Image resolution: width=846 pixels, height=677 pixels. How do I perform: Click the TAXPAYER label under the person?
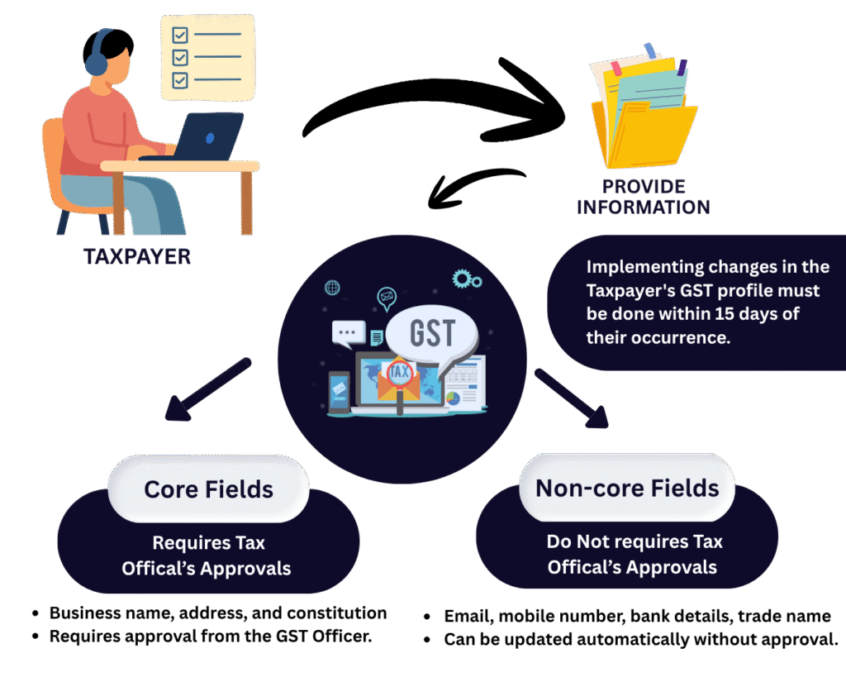tap(136, 256)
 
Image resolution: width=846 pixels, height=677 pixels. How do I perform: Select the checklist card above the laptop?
tap(207, 57)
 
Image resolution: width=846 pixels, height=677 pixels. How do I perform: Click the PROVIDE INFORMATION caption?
tap(644, 196)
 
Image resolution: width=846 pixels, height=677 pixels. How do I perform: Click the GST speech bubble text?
tap(432, 332)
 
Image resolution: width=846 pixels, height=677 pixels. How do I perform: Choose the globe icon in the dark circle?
tap(332, 288)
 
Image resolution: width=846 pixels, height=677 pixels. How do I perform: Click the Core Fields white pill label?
tap(208, 489)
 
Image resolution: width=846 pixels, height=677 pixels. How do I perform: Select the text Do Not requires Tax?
tap(634, 542)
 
